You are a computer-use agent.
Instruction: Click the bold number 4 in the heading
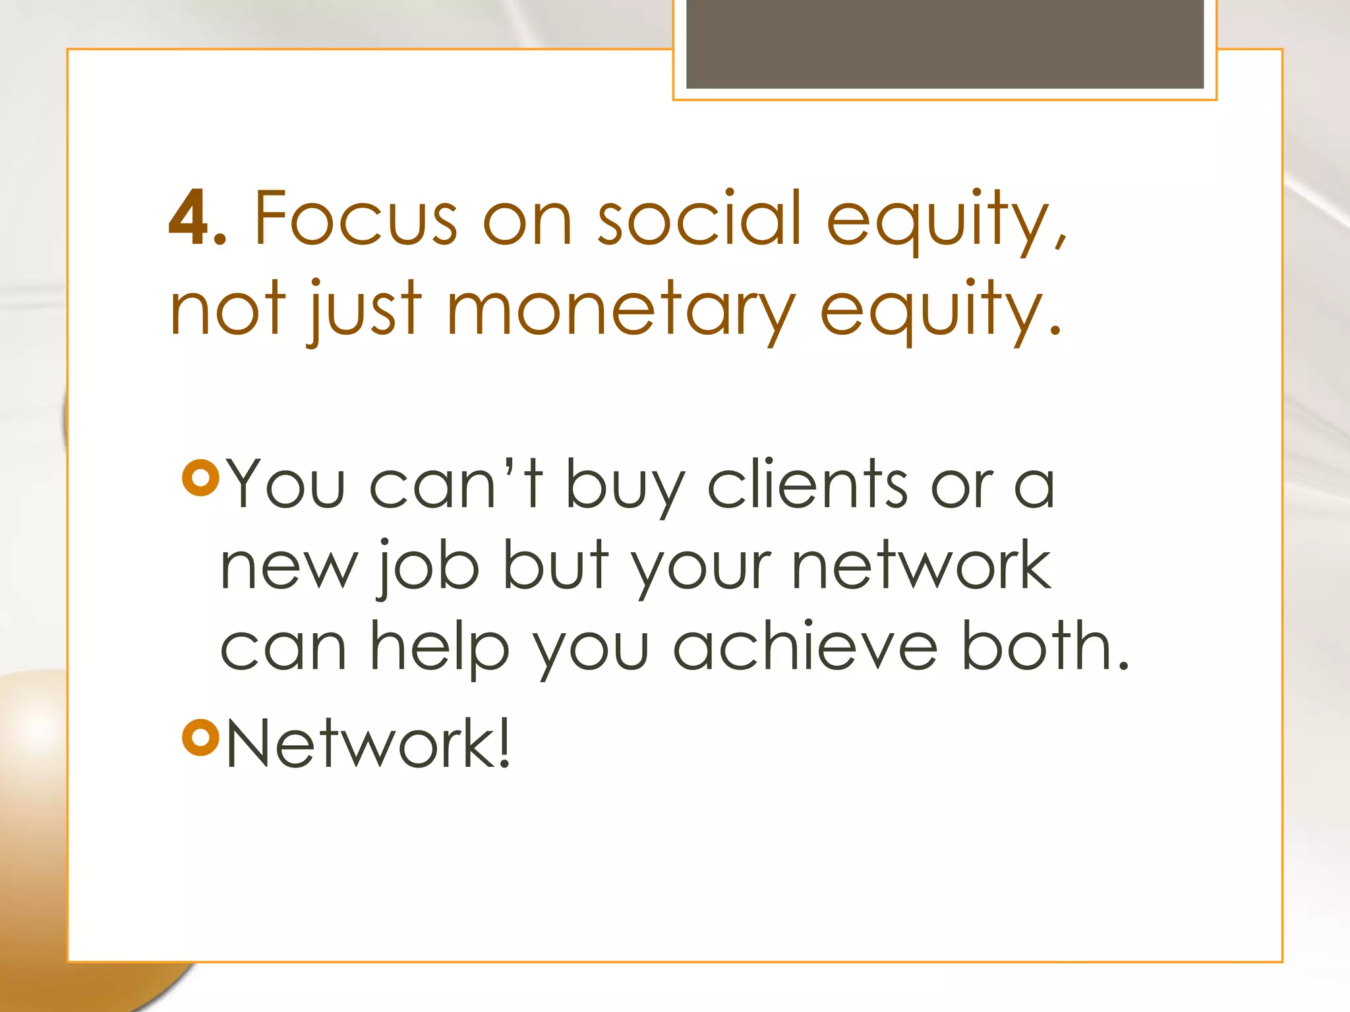[x=189, y=218]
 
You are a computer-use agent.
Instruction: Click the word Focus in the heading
[x=356, y=218]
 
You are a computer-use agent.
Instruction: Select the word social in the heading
[x=699, y=218]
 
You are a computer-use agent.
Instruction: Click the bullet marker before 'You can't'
[x=200, y=478]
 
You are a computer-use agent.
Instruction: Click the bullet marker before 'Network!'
[x=200, y=737]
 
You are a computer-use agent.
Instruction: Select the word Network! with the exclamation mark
[x=368, y=743]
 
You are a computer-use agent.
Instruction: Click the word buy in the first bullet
[x=626, y=488]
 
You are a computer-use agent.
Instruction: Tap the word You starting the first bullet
[x=285, y=484]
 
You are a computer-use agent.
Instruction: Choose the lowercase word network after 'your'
[x=921, y=565]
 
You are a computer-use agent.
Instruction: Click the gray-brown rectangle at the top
[x=945, y=43]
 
